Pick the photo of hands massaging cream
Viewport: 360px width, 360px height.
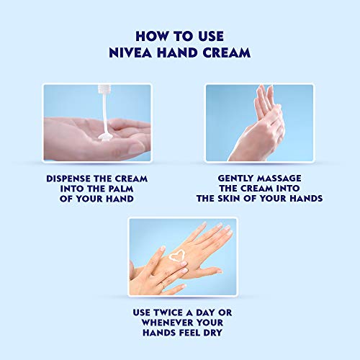click(261, 122)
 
